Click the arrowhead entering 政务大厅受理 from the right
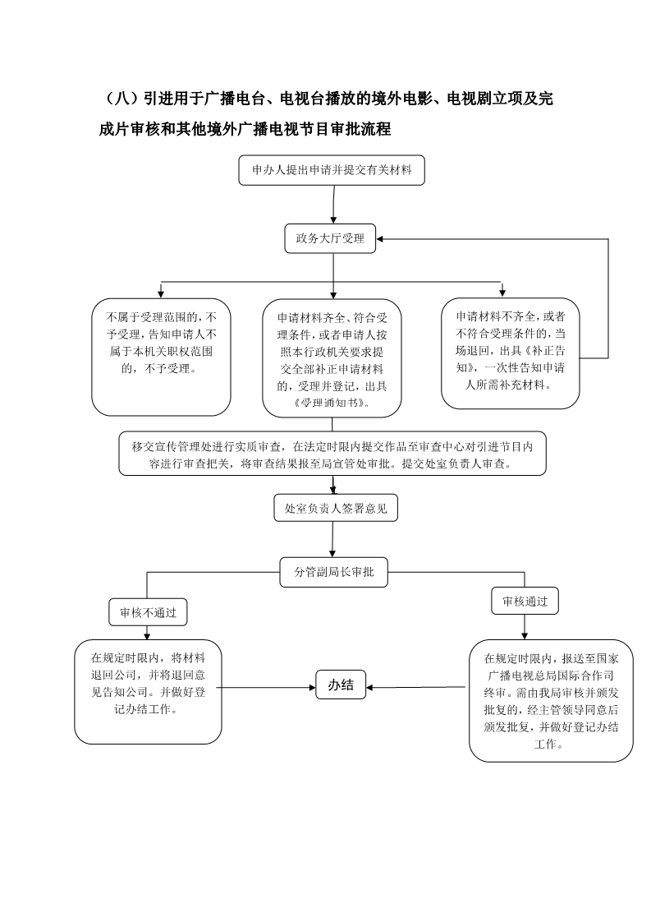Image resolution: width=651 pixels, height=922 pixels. (380, 239)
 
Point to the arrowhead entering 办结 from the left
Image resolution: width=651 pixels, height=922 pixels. (313, 687)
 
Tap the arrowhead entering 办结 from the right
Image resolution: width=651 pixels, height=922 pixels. (369, 687)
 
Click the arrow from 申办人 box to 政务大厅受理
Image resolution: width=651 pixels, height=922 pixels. (334, 205)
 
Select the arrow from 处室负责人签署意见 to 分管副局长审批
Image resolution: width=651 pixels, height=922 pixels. (332, 539)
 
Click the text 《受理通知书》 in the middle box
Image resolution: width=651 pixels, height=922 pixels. (332, 403)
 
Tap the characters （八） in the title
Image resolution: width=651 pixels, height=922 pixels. (121, 98)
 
